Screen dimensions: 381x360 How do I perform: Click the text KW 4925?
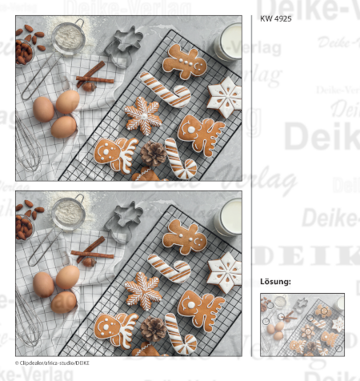point(274,18)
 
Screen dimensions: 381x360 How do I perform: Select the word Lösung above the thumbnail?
point(275,282)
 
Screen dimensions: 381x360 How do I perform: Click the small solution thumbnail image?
point(302,323)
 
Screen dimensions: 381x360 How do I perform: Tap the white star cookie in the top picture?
point(223,97)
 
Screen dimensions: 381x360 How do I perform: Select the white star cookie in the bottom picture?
point(223,272)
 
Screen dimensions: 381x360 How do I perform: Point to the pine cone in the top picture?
point(153,151)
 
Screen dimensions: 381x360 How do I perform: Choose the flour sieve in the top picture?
point(67,36)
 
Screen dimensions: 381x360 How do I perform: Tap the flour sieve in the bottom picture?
point(68,212)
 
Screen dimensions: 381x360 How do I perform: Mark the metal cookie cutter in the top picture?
point(123,46)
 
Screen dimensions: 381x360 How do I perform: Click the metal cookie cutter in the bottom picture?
point(124,221)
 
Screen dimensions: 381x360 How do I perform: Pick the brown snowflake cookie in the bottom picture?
point(143,290)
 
